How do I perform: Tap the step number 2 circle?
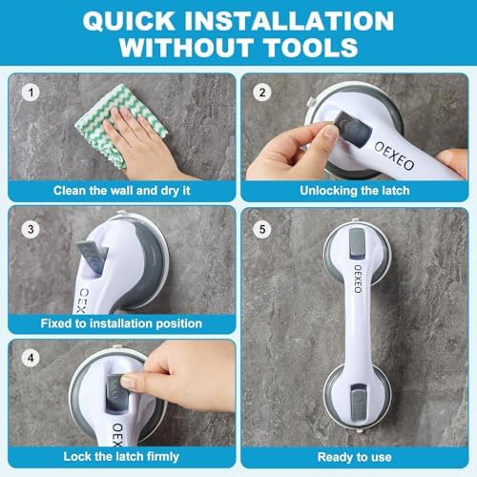click(x=260, y=93)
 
